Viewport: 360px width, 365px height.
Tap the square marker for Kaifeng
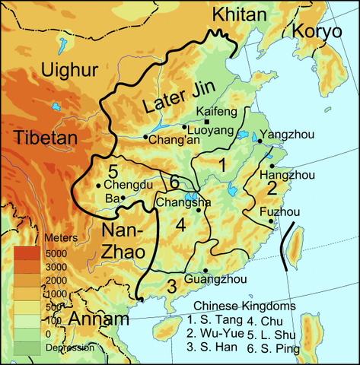[208, 122]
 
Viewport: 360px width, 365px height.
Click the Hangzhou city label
[292, 175]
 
